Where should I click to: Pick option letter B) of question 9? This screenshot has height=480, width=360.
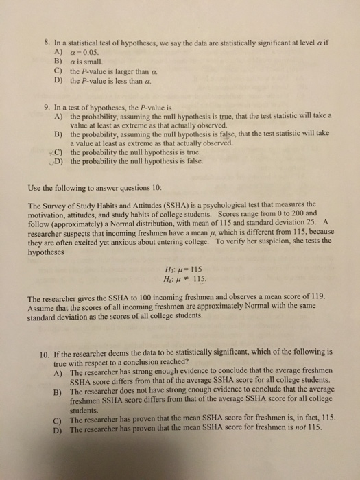click(58, 135)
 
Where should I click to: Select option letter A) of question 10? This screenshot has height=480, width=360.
click(58, 371)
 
